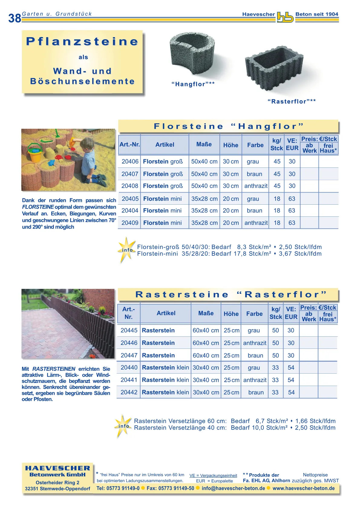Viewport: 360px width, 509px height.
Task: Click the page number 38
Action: coord(15,18)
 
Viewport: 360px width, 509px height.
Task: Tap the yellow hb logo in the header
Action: coord(285,18)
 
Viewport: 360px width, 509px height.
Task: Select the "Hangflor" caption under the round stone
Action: coord(193,84)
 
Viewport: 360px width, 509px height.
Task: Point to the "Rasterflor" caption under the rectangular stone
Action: coord(292,101)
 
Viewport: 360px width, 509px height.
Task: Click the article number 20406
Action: coord(130,161)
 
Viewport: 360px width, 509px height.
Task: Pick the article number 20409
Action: coord(130,223)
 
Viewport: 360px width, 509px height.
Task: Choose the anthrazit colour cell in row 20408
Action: coord(256,186)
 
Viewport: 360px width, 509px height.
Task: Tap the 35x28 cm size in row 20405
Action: coord(204,199)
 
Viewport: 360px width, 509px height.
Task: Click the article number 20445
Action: coord(129,330)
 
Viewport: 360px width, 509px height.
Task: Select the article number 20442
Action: coord(129,392)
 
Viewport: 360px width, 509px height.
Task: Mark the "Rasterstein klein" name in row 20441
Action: coord(165,380)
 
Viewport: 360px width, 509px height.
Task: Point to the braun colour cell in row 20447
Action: coord(255,355)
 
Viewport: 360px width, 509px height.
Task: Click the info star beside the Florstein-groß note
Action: coord(126,250)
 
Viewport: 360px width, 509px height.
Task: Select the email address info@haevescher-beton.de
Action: coord(233,488)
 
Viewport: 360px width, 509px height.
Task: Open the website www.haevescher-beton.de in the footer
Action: coord(303,488)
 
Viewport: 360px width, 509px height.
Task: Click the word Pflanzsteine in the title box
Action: coord(82,41)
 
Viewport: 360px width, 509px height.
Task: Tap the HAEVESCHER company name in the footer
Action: coord(57,468)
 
